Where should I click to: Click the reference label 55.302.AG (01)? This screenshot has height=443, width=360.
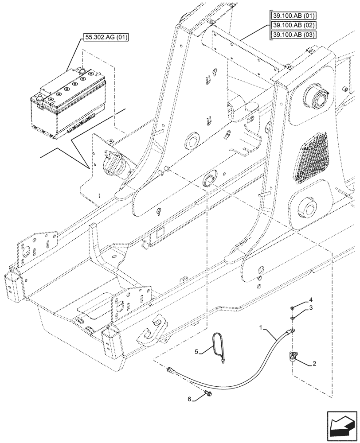(x=105, y=37)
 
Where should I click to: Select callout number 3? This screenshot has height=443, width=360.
(x=312, y=307)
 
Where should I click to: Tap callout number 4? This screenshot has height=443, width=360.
(x=312, y=299)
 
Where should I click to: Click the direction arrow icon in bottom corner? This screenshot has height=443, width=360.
(x=342, y=426)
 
